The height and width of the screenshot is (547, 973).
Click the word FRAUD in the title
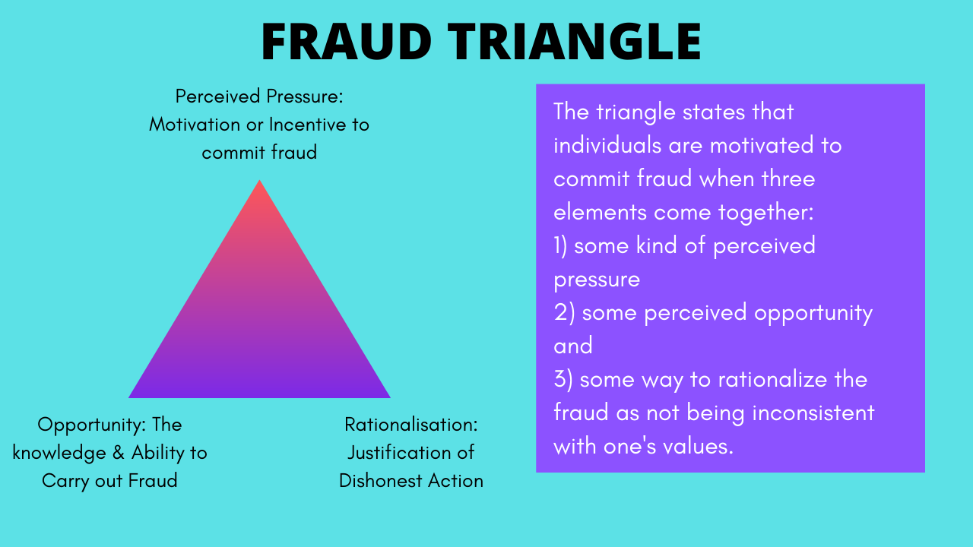(346, 41)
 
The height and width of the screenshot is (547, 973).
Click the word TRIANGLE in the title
(574, 41)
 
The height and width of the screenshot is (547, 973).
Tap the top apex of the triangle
(259, 180)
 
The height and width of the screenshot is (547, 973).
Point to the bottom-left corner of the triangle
(129, 397)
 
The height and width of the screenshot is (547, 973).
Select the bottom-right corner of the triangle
(390, 397)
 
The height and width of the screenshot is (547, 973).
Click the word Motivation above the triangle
(195, 125)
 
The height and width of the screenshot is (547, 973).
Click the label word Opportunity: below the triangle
(91, 425)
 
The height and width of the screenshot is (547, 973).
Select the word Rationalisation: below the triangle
(411, 425)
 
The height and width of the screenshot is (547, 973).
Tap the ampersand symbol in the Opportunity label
(118, 453)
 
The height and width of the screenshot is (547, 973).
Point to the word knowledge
(59, 454)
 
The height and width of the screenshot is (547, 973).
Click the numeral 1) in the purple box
(560, 245)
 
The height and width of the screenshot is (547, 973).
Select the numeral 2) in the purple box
(564, 312)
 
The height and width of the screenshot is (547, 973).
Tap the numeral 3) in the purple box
(563, 379)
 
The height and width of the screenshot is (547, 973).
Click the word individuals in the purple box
(607, 145)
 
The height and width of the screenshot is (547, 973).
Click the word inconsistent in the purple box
(813, 413)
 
